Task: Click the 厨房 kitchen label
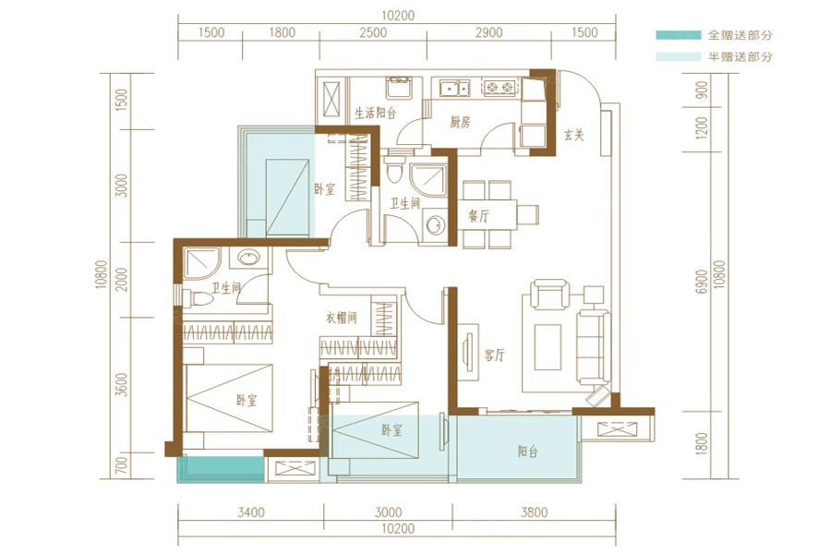(x=460, y=123)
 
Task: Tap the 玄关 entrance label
(x=573, y=135)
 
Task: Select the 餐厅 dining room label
(x=478, y=215)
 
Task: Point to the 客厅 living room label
(x=494, y=355)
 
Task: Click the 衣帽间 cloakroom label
(x=341, y=318)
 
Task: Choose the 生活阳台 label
(x=375, y=113)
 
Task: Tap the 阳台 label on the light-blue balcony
(x=527, y=452)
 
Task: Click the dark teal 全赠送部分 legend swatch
(x=678, y=35)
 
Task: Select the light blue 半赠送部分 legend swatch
(x=678, y=56)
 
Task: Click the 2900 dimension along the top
(x=488, y=33)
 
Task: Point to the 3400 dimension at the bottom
(x=250, y=512)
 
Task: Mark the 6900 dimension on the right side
(x=703, y=282)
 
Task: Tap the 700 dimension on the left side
(x=121, y=465)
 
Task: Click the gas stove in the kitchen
(x=500, y=87)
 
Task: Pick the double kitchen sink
(x=454, y=88)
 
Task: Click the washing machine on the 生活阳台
(x=399, y=88)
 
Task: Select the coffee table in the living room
(x=548, y=347)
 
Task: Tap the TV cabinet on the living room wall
(x=468, y=352)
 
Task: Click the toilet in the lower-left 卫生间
(x=198, y=298)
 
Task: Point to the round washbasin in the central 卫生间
(x=435, y=224)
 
